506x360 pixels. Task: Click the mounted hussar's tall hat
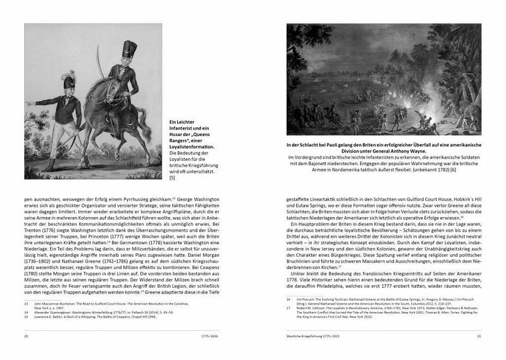pos(130,47)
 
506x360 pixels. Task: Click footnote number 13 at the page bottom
pos(28,304)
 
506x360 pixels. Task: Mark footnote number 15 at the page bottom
pos(28,317)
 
